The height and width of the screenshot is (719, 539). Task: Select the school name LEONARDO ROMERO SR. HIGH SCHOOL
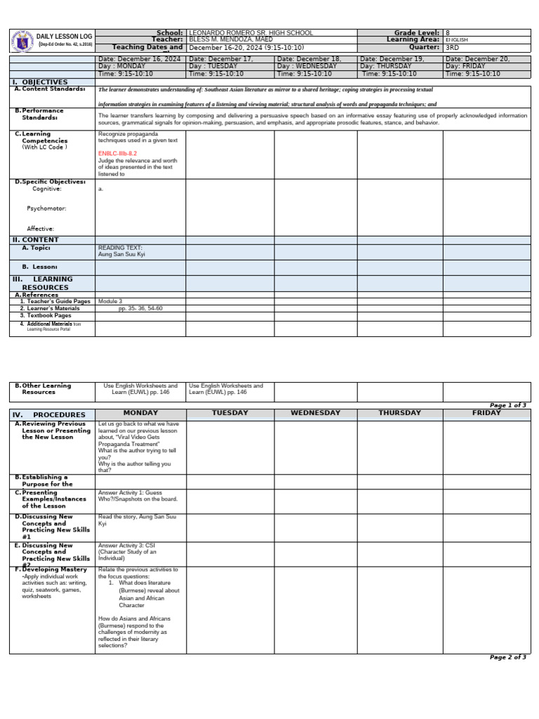click(x=251, y=33)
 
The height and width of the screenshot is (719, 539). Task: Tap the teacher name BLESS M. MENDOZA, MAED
click(x=231, y=40)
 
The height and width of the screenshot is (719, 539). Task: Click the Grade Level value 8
click(x=448, y=33)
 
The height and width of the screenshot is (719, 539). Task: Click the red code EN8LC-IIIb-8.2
click(x=117, y=153)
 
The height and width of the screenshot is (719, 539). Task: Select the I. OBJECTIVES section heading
click(x=40, y=83)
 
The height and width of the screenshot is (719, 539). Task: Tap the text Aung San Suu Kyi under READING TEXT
click(x=117, y=255)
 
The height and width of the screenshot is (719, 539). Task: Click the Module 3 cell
click(x=110, y=301)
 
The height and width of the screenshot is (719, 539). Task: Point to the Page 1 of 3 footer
click(x=507, y=406)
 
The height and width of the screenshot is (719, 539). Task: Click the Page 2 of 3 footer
click(x=507, y=657)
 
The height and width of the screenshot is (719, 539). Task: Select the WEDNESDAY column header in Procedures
click(x=314, y=414)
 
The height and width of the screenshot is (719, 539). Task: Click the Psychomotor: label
click(x=47, y=209)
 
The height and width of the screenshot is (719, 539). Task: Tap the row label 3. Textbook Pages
click(x=46, y=316)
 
